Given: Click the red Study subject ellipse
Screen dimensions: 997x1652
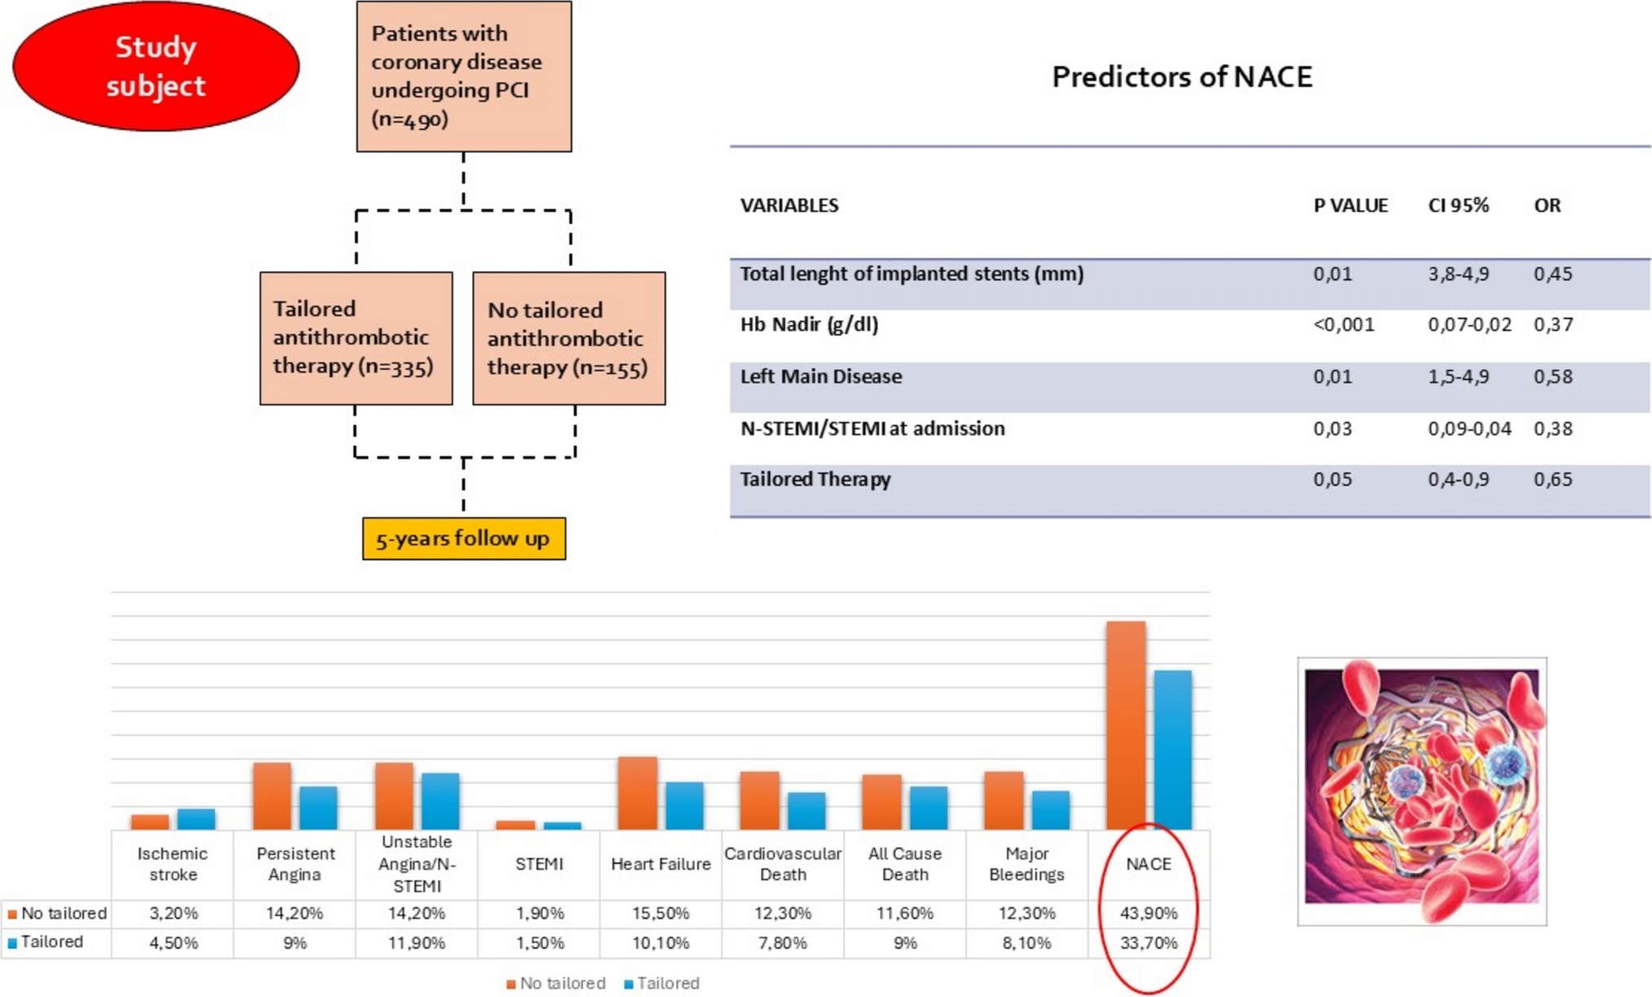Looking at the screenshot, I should [155, 67].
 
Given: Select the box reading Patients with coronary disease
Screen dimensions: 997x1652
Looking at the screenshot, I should [464, 77].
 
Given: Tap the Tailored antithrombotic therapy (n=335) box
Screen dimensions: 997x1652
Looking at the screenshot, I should [356, 338].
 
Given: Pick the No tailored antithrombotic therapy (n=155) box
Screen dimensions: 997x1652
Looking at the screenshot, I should [569, 339].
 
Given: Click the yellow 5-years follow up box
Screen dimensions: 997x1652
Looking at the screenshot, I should [464, 539].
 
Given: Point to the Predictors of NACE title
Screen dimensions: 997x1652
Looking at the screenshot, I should [1182, 77].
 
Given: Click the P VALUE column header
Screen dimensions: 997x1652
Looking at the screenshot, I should [1350, 206].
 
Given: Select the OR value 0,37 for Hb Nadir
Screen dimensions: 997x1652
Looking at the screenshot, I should [1553, 325].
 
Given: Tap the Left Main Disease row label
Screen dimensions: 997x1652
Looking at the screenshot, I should [820, 377].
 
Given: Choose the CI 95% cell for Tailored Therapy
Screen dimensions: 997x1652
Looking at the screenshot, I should [1458, 479].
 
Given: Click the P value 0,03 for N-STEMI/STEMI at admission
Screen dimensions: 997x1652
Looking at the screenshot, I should [1332, 429].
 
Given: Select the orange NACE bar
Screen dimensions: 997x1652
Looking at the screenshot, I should [1125, 724].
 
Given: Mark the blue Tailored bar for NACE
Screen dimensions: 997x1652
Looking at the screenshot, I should [1173, 749].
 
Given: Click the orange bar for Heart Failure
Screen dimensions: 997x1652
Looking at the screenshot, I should [637, 793].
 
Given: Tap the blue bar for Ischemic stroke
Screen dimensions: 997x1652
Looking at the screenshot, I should [196, 819].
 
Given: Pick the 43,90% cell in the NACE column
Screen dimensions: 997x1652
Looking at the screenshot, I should [1148, 913].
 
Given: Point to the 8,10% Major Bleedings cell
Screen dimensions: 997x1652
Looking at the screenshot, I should [1026, 943].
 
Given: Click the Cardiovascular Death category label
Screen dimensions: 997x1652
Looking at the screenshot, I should [782, 864].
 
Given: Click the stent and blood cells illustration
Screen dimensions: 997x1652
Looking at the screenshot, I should [1422, 791].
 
